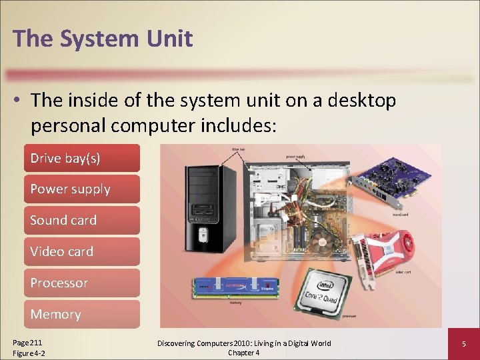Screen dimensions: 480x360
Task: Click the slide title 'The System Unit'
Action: pyautogui.click(x=103, y=38)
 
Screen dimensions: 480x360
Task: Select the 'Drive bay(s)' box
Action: pyautogui.click(x=81, y=158)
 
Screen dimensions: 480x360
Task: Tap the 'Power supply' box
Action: pyautogui.click(x=81, y=189)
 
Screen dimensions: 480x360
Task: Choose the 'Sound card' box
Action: pyautogui.click(x=81, y=220)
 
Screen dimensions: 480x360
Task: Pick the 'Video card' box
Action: pyautogui.click(x=81, y=251)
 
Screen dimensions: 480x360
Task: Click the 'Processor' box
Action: pyautogui.click(x=81, y=283)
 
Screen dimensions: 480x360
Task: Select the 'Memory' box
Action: pyautogui.click(x=81, y=314)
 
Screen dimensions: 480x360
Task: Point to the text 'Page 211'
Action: pyautogui.click(x=27, y=341)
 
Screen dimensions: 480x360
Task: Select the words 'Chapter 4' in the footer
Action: pyautogui.click(x=244, y=353)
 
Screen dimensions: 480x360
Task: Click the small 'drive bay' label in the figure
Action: pyautogui.click(x=237, y=149)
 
